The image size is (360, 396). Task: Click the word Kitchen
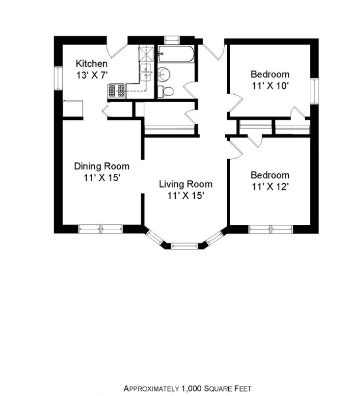point(91,63)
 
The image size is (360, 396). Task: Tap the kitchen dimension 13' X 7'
point(91,74)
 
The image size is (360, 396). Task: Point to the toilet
point(166,91)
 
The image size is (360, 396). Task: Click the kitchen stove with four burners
point(117,91)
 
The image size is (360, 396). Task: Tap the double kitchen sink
point(146,72)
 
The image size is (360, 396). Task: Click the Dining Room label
point(102,166)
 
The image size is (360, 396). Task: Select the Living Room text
point(186,184)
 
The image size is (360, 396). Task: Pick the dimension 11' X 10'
point(270,85)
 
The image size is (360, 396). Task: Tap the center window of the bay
point(184,245)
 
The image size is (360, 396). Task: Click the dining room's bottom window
point(100,229)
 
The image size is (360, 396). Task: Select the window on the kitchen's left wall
point(59,78)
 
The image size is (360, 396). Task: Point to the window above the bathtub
point(172,40)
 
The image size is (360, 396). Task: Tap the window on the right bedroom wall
point(315,91)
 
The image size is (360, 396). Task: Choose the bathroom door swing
point(190,90)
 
